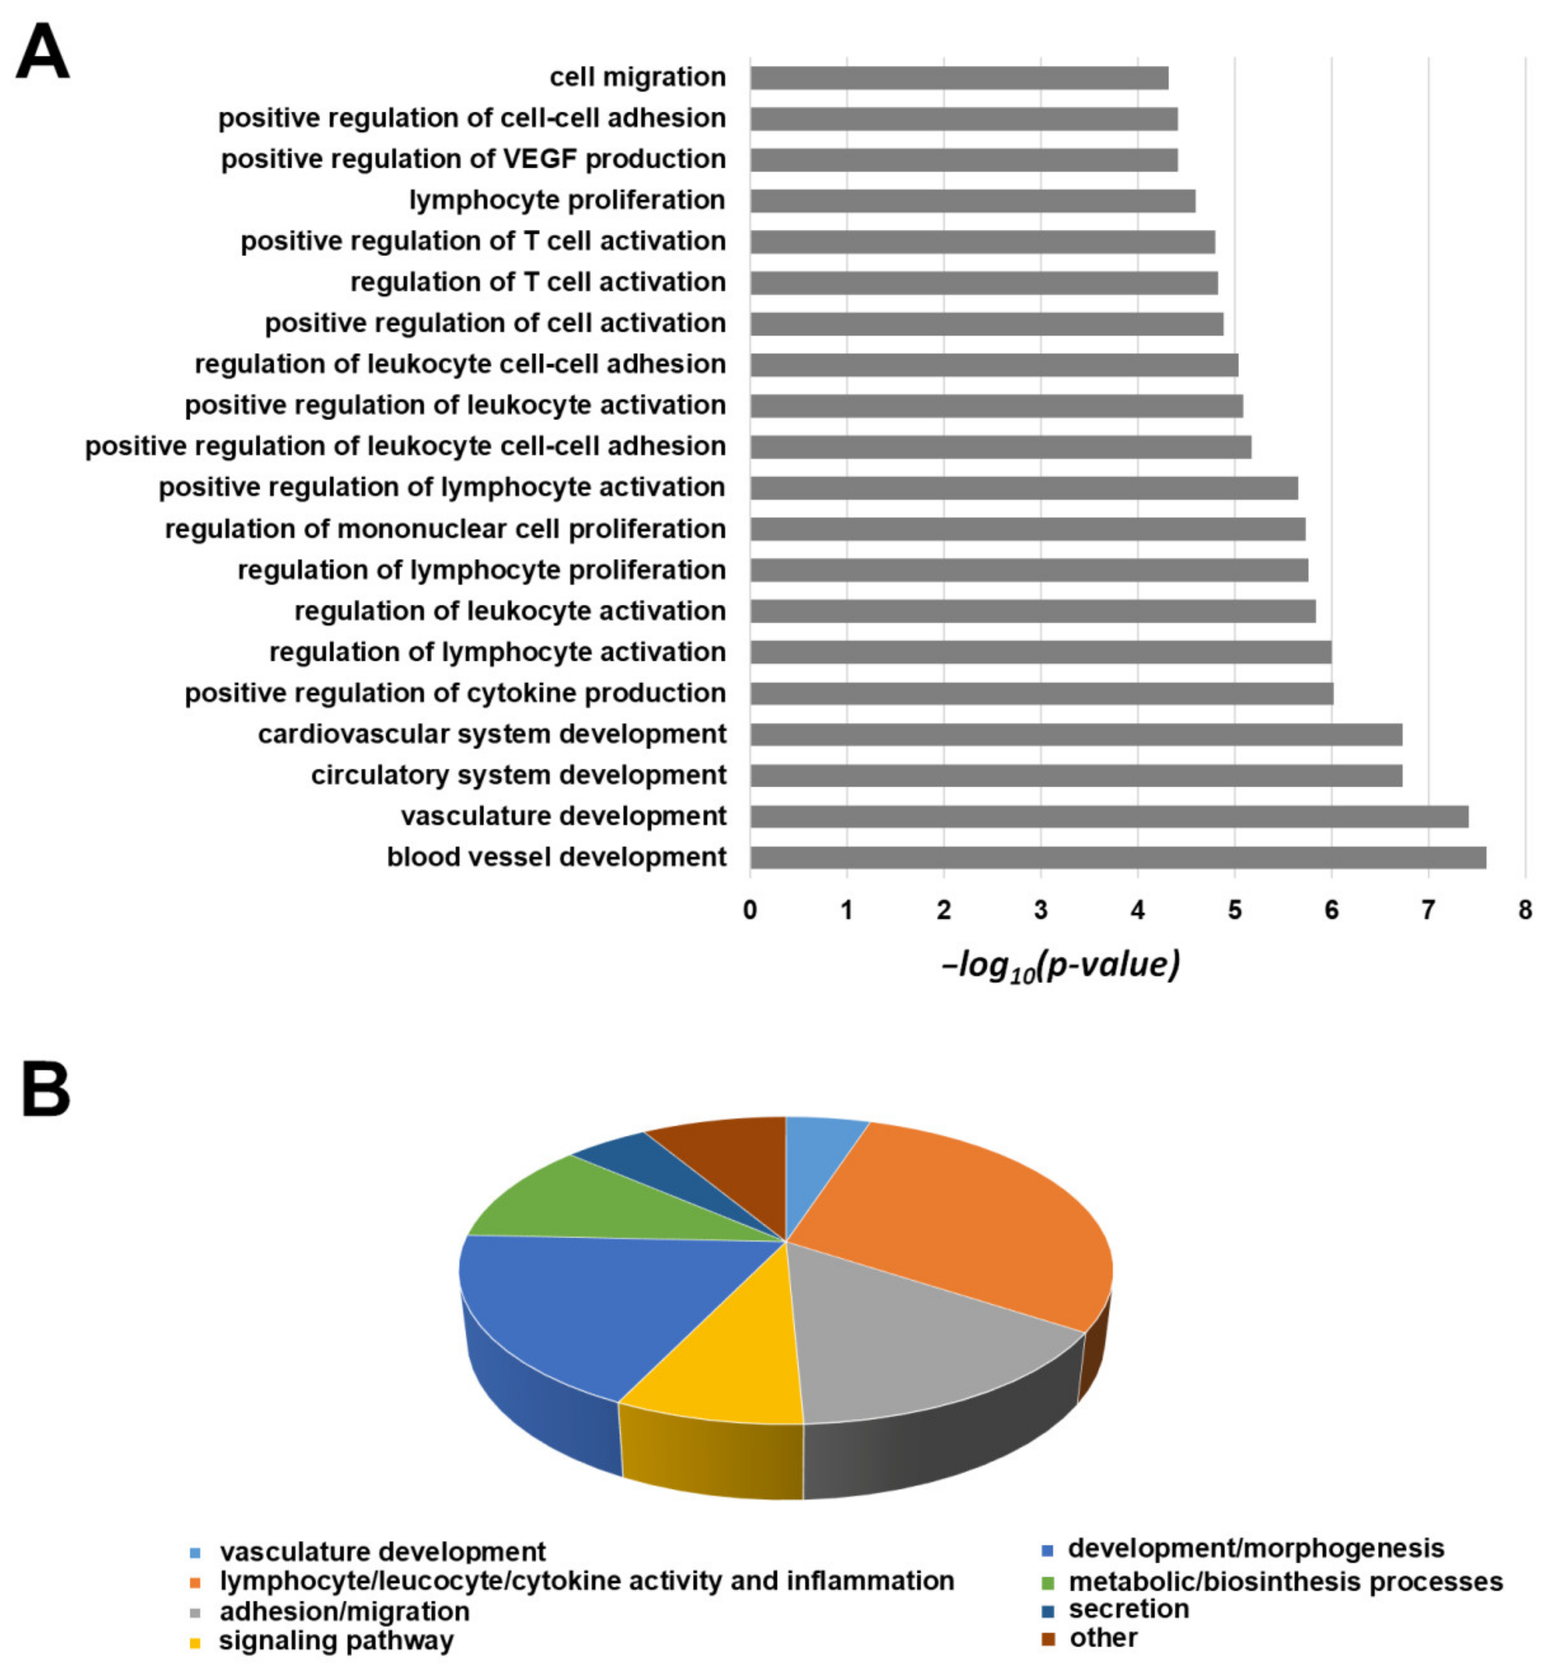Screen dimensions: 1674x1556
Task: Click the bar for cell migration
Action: coord(959,77)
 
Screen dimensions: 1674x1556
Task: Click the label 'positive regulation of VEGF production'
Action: coord(473,159)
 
